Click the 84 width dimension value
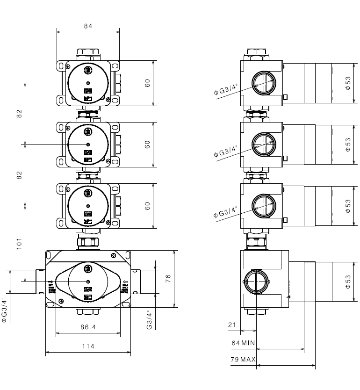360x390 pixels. pos(88,26)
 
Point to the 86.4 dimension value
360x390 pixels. pos(87,327)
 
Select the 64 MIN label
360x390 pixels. pos(243,343)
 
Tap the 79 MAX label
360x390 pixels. pos(243,360)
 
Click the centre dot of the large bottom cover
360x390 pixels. pos(88,281)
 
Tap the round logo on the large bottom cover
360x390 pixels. pos(88,268)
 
